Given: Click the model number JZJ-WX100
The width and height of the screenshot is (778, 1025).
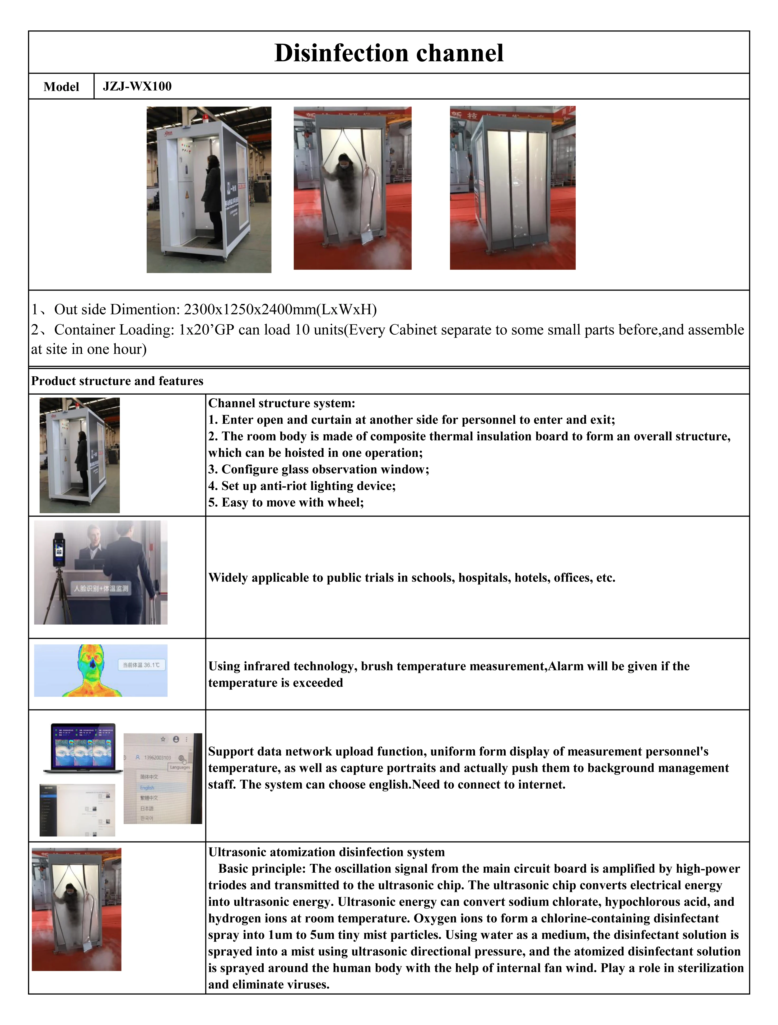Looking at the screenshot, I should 137,86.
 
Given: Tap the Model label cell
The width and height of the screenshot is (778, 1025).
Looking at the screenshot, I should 61,87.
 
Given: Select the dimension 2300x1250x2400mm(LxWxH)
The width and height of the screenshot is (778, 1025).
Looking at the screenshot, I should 280,309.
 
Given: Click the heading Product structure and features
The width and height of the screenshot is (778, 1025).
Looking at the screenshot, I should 117,381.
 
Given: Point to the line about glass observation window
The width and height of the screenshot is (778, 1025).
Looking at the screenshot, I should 318,469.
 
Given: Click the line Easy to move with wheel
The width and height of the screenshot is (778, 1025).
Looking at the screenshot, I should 286,502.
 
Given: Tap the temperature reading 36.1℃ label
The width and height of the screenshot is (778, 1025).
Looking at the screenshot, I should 141,665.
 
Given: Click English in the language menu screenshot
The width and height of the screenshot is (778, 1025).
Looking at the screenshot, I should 147,788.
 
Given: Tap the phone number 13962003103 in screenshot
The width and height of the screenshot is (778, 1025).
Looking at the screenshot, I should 157,758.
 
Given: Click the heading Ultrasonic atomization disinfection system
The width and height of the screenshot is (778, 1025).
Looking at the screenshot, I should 326,852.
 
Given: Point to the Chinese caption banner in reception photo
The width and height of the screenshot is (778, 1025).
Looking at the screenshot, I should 101,588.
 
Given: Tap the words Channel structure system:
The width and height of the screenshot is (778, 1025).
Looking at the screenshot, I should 281,403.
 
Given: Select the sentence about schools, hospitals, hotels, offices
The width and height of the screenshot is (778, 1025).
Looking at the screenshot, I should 412,577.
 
